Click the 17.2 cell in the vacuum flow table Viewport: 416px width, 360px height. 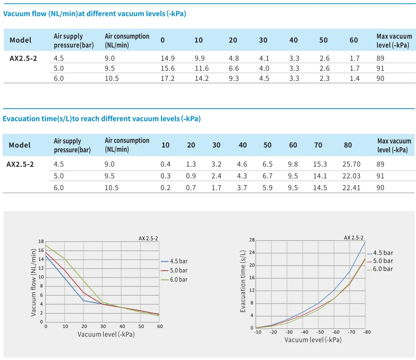tap(167, 78)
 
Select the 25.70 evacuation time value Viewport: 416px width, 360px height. tap(352, 164)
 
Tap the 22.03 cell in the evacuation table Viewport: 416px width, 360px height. tap(352, 176)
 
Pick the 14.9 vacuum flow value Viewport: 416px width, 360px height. tap(167, 59)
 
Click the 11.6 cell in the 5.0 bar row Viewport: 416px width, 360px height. tap(201, 68)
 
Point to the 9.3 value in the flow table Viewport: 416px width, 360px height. tap(234, 78)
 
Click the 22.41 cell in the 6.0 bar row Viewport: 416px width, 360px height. tap(352, 187)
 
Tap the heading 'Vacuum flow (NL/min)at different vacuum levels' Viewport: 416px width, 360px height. tap(94, 14)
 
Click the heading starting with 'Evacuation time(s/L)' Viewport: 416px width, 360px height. tap(102, 118)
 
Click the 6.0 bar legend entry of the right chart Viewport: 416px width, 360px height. tap(382, 269)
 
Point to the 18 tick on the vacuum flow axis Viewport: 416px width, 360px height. tap(41, 242)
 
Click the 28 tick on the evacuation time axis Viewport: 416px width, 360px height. tap(252, 240)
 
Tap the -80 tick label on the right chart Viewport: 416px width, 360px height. tap(365, 332)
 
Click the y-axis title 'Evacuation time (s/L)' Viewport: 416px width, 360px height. tap(243, 281)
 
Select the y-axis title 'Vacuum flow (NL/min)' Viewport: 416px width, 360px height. tap(34, 283)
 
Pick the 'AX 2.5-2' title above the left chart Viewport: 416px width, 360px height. tap(148, 238)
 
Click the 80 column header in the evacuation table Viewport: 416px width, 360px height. tap(348, 145)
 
